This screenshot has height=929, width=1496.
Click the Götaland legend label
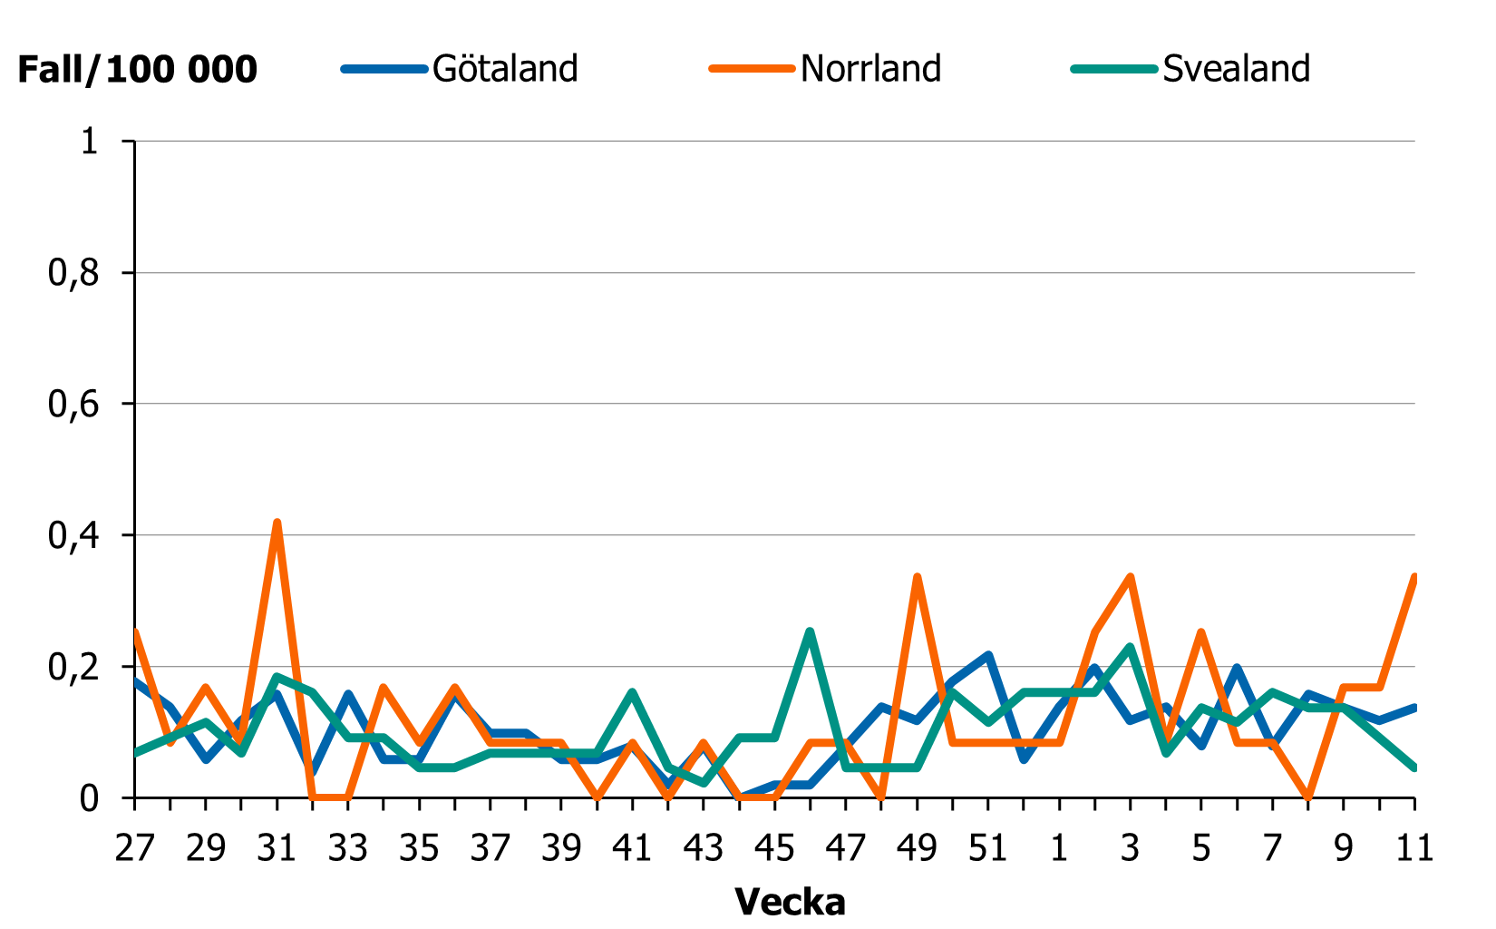point(505,69)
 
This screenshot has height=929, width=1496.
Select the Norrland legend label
point(870,69)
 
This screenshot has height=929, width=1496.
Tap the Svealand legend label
point(1237,69)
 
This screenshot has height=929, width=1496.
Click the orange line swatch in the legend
point(752,69)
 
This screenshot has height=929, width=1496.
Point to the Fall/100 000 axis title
point(137,70)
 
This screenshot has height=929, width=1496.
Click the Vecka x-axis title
point(790,902)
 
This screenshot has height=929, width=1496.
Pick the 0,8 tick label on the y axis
point(73,273)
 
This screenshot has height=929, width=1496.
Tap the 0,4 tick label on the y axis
point(73,535)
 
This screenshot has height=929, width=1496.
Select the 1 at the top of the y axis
point(89,142)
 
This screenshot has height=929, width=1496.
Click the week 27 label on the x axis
point(134,848)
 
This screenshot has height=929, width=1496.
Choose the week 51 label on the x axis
point(987,848)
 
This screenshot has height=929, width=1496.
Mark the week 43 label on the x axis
point(703,848)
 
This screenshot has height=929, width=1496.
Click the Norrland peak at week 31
point(277,523)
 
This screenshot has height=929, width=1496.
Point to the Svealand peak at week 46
point(810,631)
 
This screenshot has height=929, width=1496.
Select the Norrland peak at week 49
point(917,577)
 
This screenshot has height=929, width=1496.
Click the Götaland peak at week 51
point(987,654)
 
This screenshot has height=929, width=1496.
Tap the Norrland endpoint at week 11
point(1413,577)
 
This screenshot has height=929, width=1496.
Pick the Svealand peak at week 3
point(1130,647)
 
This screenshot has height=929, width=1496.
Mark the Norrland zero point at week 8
point(1307,797)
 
